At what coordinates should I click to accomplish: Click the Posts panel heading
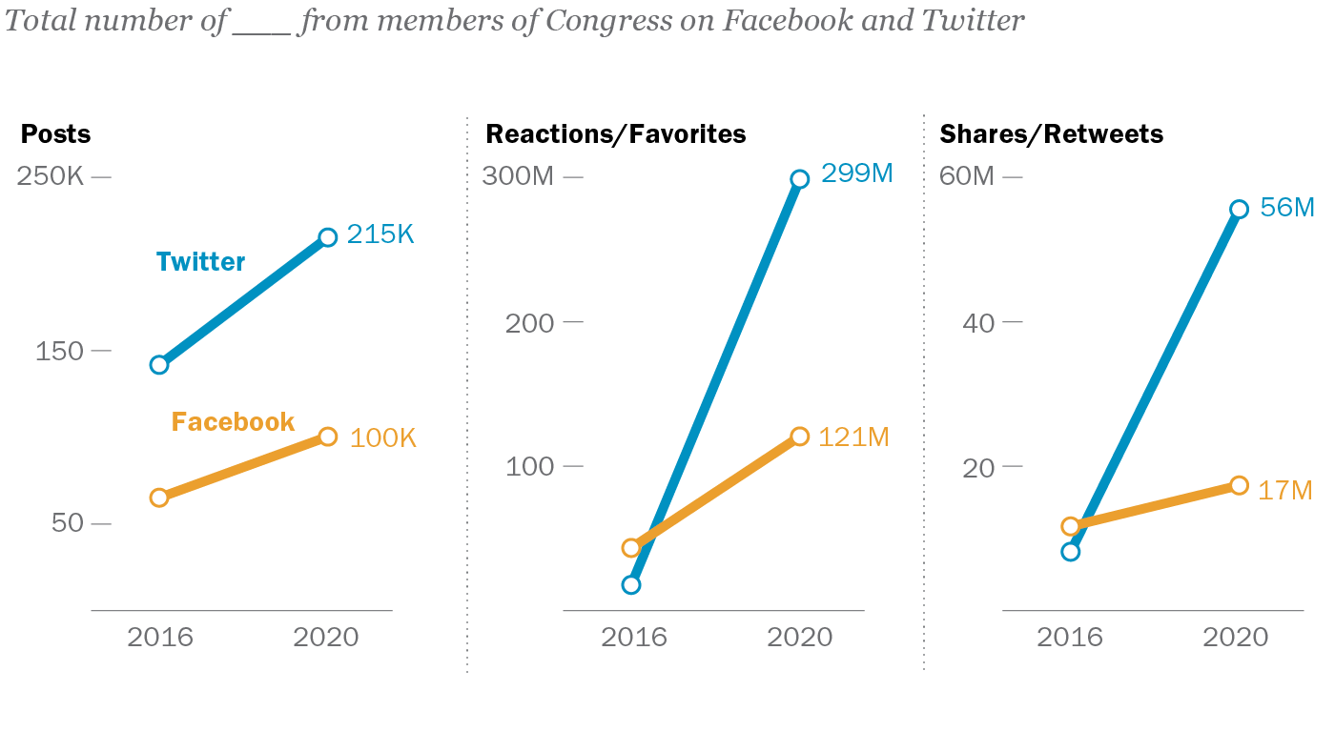tap(55, 133)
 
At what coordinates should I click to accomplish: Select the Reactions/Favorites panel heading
tap(615, 133)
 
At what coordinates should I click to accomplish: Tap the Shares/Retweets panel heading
tap(1052, 133)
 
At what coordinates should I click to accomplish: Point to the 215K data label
tap(380, 234)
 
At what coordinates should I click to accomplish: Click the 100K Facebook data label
tap(383, 438)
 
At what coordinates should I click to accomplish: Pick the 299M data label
tap(857, 173)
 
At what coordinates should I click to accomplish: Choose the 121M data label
tap(854, 437)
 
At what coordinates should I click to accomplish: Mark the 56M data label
tap(1287, 207)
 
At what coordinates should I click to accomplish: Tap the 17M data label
tap(1285, 491)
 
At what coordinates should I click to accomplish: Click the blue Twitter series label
tap(200, 262)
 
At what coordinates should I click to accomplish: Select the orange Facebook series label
tap(233, 421)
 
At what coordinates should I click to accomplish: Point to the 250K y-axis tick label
tap(51, 177)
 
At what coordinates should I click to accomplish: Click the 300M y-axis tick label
tap(519, 177)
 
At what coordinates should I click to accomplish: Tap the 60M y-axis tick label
tap(967, 177)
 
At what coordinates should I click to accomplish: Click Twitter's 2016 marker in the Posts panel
tap(159, 365)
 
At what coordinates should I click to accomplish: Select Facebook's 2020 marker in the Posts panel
tap(327, 437)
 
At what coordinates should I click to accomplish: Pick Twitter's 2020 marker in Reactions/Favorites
tap(800, 179)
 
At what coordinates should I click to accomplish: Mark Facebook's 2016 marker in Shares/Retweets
tap(1071, 526)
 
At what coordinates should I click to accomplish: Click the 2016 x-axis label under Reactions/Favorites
tap(633, 637)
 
